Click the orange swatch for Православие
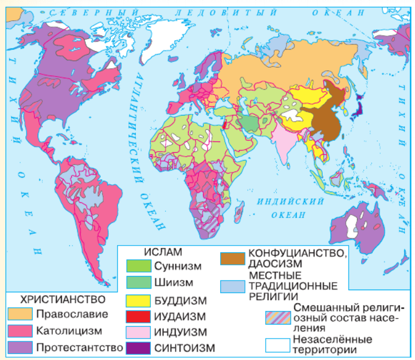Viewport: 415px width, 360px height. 21,313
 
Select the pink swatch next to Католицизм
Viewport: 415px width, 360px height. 21,329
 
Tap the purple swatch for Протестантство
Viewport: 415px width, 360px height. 21,345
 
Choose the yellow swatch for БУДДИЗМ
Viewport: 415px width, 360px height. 137,300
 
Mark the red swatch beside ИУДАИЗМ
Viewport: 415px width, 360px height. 137,316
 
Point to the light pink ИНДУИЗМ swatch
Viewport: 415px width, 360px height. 137,332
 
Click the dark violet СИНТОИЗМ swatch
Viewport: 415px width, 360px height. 137,348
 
